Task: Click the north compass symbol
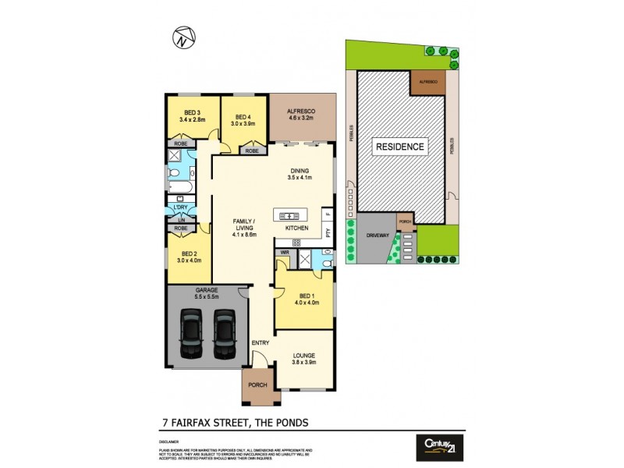click(183, 37)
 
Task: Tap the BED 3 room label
click(191, 112)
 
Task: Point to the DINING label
click(300, 172)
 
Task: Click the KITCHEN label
click(296, 228)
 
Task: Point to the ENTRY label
click(260, 343)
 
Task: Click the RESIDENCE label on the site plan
click(401, 147)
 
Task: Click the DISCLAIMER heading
click(168, 441)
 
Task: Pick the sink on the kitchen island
click(288, 215)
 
